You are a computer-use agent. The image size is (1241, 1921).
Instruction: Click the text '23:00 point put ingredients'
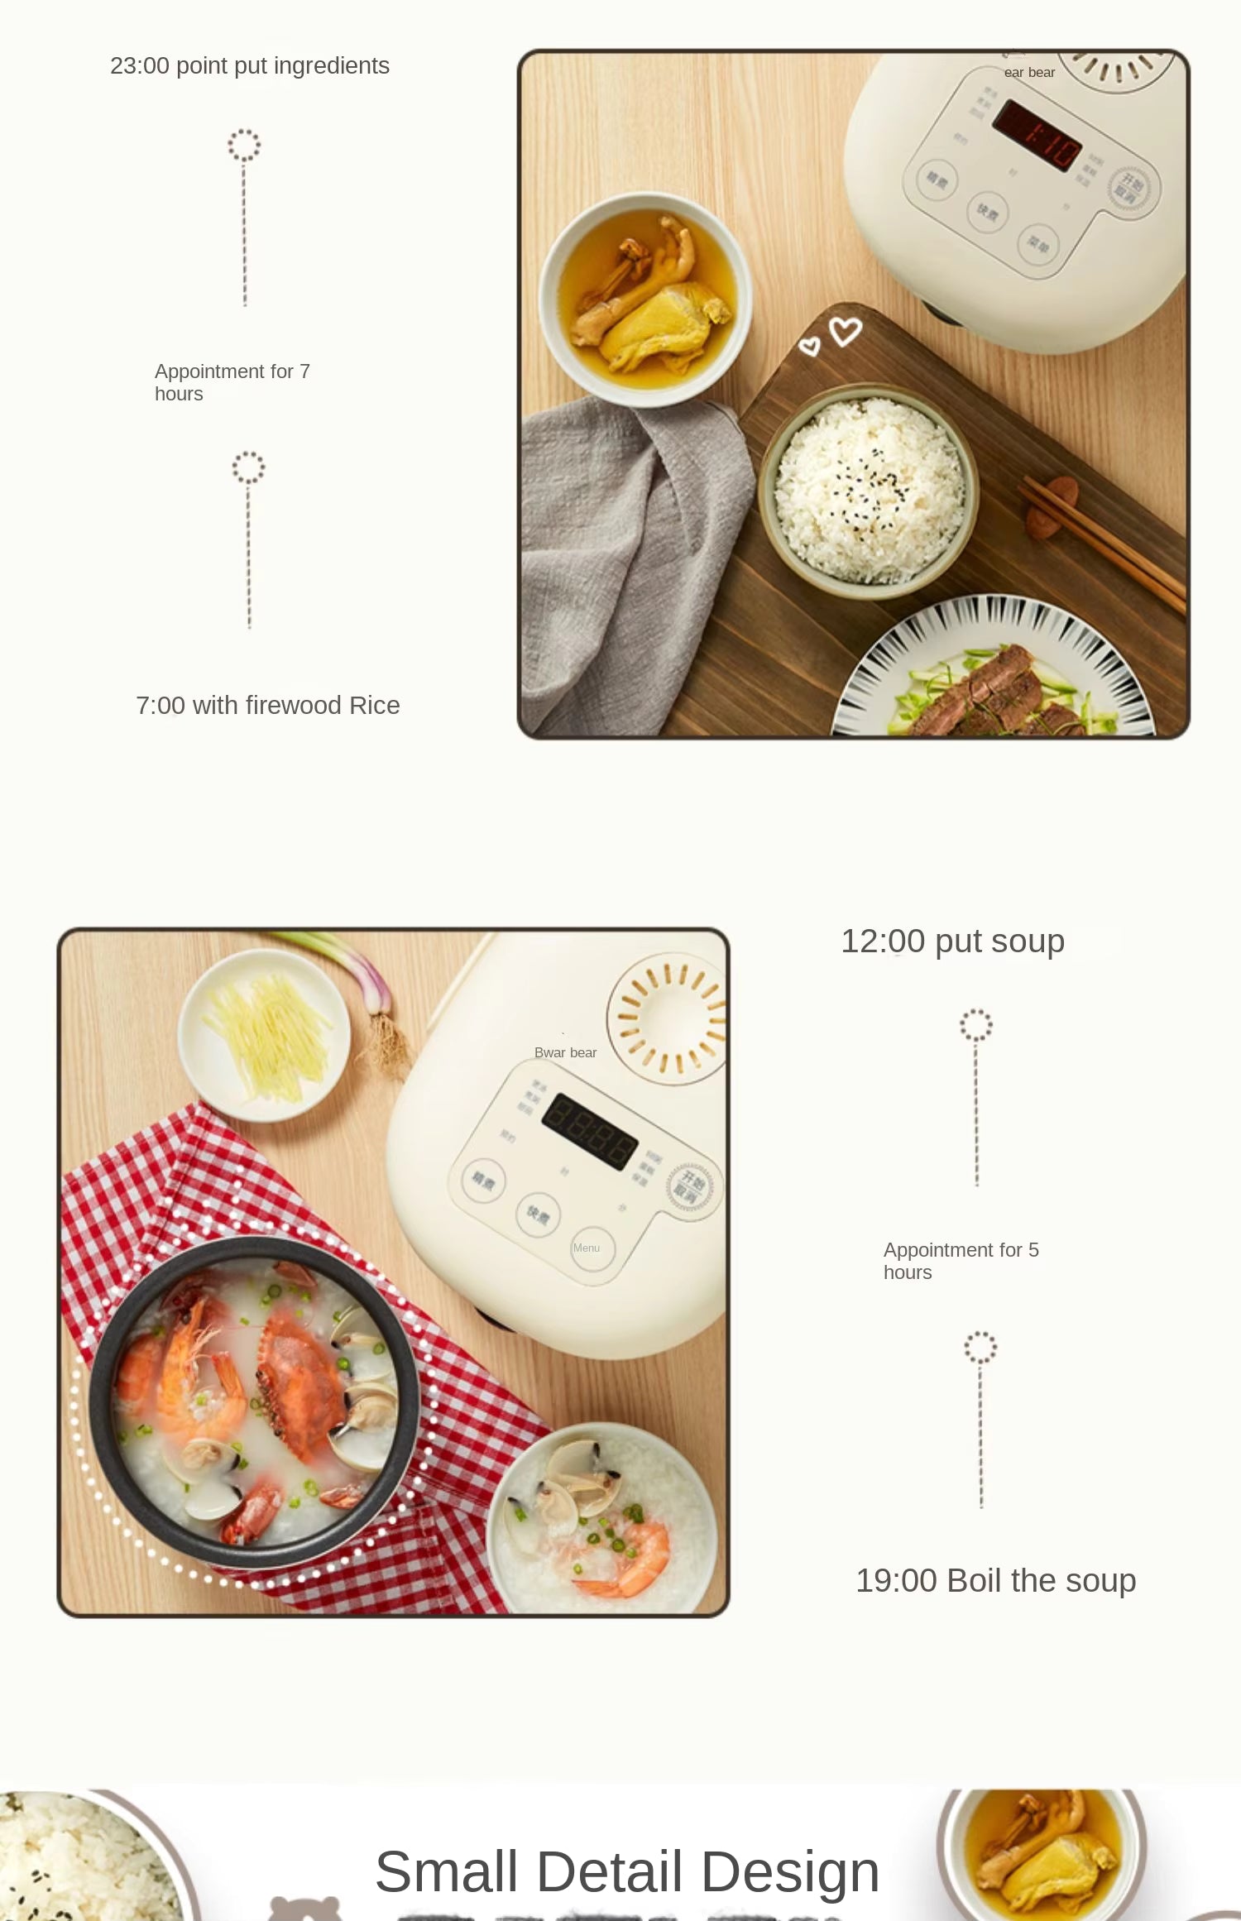click(x=249, y=66)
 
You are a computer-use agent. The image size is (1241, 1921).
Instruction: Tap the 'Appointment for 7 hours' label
click(x=232, y=382)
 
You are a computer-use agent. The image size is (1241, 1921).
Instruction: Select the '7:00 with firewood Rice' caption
click(x=267, y=705)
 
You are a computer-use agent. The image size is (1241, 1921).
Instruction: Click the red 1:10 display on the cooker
click(x=1037, y=135)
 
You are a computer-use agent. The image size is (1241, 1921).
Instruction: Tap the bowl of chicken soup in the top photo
click(x=645, y=299)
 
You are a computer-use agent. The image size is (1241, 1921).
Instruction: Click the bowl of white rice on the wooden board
click(x=868, y=492)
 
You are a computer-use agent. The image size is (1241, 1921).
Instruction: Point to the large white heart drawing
click(x=845, y=332)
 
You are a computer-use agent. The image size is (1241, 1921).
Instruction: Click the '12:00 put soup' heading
click(x=952, y=941)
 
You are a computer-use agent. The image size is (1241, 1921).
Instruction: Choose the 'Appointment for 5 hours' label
click(x=960, y=1261)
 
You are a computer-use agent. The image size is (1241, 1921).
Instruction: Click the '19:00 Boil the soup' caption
click(x=995, y=1580)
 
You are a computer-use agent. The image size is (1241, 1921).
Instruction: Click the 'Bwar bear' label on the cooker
click(x=565, y=1052)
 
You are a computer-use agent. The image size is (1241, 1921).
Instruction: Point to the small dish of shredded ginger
click(x=265, y=1034)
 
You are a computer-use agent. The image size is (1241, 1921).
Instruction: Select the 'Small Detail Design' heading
click(x=626, y=1871)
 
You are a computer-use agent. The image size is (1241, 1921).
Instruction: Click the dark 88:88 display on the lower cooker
click(x=589, y=1131)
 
